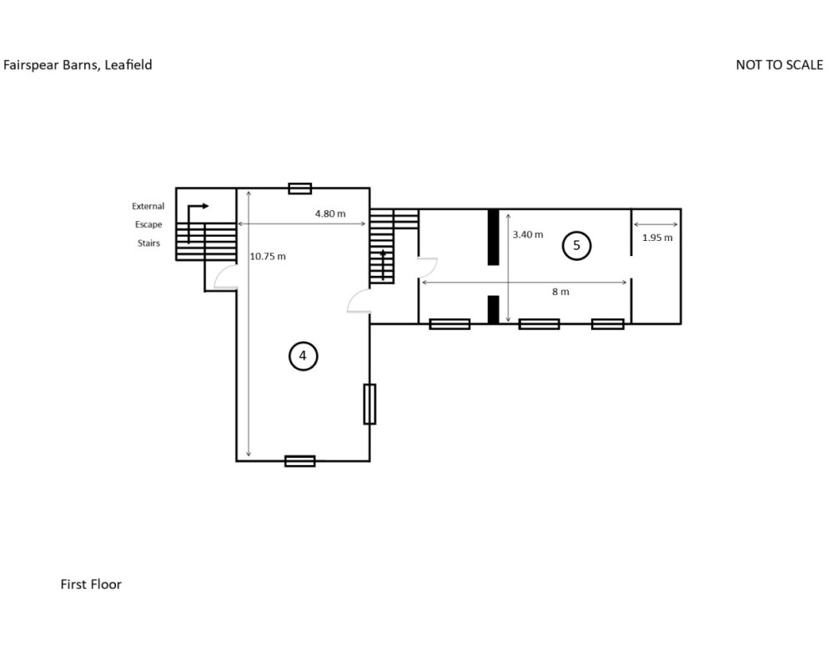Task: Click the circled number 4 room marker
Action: point(304,356)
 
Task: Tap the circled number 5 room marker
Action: point(576,246)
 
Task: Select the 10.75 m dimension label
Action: point(268,256)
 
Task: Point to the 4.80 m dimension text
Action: point(330,213)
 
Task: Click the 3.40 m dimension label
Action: point(528,234)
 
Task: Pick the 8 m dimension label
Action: point(560,292)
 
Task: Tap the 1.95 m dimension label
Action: point(657,238)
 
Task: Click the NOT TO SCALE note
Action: point(779,65)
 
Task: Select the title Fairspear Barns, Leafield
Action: point(78,65)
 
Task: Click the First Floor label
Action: point(91,584)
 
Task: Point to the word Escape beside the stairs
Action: point(148,224)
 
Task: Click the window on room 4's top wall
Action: point(300,188)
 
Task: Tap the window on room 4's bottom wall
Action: point(300,461)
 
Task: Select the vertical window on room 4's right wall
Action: point(369,404)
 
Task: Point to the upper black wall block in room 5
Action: point(494,238)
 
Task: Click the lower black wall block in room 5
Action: point(494,309)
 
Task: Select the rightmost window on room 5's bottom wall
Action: point(608,324)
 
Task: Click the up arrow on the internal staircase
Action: point(383,264)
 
